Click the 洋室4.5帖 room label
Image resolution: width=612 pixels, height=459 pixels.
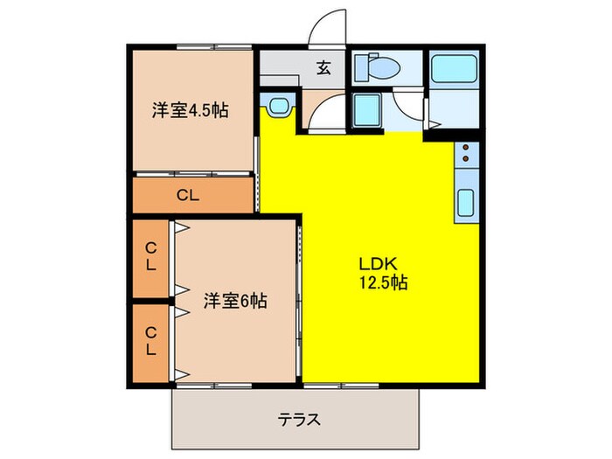[190, 111]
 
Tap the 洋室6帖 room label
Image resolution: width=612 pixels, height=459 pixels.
[235, 301]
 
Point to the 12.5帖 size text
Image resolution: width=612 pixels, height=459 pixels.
[380, 282]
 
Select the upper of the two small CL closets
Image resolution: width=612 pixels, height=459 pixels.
[151, 258]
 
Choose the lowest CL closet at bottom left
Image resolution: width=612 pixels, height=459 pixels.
[151, 341]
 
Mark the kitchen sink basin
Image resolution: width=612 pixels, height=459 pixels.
[466, 204]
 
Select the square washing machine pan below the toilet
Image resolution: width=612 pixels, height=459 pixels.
[366, 109]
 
